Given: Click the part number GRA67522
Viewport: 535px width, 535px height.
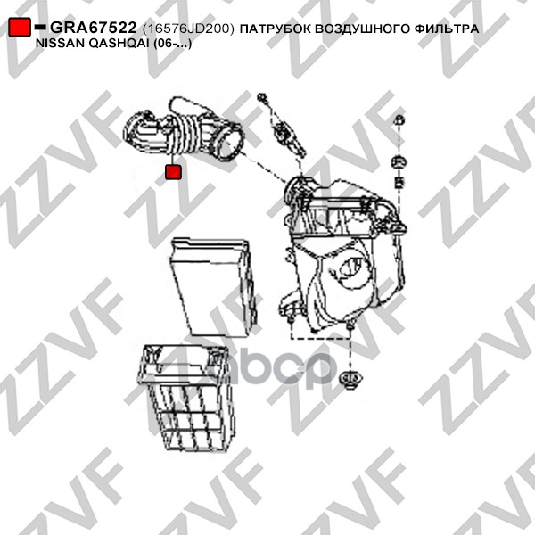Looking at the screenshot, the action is tap(94, 28).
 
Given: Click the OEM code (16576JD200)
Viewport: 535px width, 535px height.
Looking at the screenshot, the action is tap(189, 29).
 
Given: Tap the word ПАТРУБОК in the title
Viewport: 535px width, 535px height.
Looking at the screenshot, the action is tap(276, 29).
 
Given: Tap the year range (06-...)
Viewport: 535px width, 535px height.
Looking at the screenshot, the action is tap(172, 45).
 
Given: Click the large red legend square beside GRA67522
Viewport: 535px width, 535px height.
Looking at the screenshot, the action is tap(20, 27).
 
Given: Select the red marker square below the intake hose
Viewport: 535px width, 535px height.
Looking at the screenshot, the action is tap(173, 172).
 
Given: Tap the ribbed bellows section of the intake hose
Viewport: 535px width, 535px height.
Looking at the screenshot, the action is tap(187, 134).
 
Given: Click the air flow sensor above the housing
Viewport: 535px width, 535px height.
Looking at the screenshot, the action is tap(289, 138).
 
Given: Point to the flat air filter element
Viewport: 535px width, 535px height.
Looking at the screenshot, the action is tap(214, 287).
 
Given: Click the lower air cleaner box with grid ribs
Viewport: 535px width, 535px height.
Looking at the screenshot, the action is tap(187, 398).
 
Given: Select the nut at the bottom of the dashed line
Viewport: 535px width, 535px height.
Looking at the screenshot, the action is tap(350, 380).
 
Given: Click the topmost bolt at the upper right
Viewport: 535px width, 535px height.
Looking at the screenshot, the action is tap(399, 120).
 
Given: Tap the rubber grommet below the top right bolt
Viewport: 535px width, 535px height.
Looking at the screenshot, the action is tap(399, 161).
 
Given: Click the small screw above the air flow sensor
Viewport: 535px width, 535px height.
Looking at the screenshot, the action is tap(263, 97).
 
